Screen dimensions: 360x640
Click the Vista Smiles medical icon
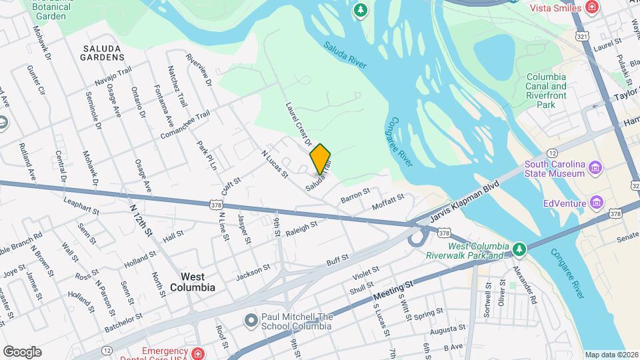click(x=591, y=7)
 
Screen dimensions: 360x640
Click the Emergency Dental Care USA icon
click(x=198, y=353)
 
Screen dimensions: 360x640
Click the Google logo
click(x=22, y=352)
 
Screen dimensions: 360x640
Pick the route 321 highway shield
click(x=582, y=33)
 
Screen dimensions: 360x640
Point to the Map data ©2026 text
click(x=611, y=355)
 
